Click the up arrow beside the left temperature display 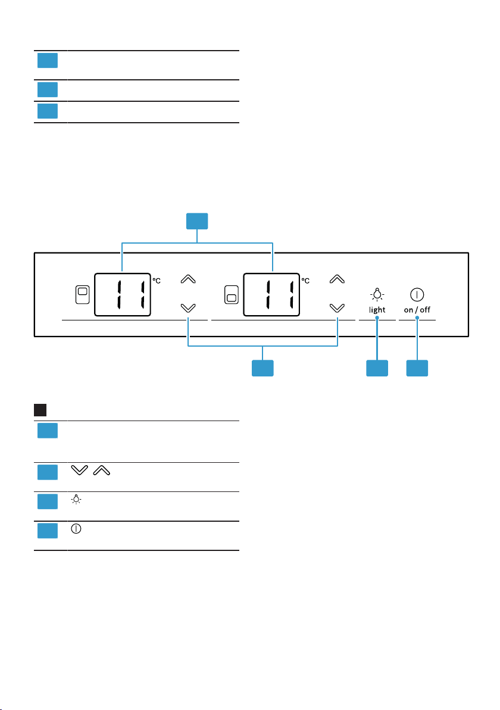[x=187, y=279]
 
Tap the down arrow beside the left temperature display [x=187, y=309]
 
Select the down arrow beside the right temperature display [x=337, y=309]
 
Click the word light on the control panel [x=377, y=310]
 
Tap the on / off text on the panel [x=417, y=310]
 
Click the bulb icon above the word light [x=377, y=294]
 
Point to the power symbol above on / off [x=417, y=295]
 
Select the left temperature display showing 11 [x=122, y=295]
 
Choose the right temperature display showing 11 [x=271, y=295]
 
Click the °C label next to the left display [x=157, y=281]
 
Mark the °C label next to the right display [x=306, y=281]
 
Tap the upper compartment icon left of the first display [x=82, y=295]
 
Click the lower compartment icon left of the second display [x=231, y=295]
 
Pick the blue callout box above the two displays [x=197, y=221]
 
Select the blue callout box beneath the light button [x=377, y=368]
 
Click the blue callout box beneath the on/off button [x=417, y=368]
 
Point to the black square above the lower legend [x=40, y=410]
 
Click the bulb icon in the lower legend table [x=76, y=500]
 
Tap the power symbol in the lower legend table [x=76, y=528]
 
